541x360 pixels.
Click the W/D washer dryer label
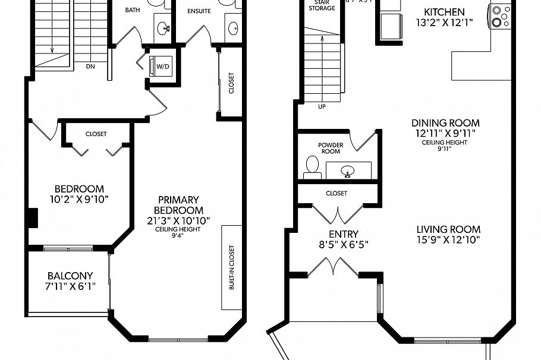click(162, 66)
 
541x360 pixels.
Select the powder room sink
click(348, 171)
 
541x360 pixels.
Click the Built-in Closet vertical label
click(231, 267)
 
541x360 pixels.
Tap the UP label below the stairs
click(322, 108)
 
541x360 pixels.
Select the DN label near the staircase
click(90, 67)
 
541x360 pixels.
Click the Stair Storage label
click(321, 5)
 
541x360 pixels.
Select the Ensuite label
click(199, 11)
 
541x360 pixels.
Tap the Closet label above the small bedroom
click(96, 134)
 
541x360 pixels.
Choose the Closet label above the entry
click(336, 193)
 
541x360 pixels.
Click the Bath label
click(132, 11)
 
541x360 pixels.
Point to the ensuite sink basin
click(233, 27)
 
